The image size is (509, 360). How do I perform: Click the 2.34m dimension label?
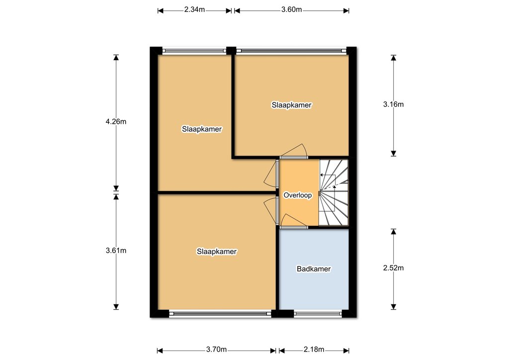coord(194,10)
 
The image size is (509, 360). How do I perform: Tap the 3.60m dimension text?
coord(291,10)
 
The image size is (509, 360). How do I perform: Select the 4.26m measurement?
coord(116,122)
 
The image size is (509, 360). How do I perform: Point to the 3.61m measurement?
coord(116,251)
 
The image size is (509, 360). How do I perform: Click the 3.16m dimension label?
coord(394,104)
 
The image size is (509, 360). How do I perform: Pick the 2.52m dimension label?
coord(394,268)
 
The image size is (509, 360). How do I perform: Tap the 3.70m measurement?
coord(217,349)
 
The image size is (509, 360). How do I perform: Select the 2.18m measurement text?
coord(314,349)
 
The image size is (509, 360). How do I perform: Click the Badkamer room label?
coord(314,269)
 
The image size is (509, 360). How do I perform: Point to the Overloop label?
coord(298,195)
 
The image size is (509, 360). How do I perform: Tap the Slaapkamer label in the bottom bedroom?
coord(217,252)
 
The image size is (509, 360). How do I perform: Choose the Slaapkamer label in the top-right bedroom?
coord(291,105)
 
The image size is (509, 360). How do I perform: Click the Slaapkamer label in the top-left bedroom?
coord(202,129)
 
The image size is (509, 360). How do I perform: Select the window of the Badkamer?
coord(318,314)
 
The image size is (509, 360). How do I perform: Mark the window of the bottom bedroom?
coord(220,314)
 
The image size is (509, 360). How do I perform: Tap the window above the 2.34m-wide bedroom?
coord(194,51)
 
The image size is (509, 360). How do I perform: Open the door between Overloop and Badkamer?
coord(294,221)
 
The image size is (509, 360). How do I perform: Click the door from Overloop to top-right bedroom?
coord(294,152)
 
